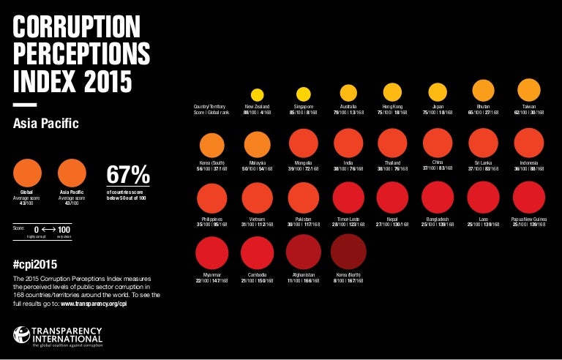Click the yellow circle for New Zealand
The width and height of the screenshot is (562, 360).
pyautogui.click(x=257, y=94)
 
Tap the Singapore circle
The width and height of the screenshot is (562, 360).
pyautogui.click(x=303, y=94)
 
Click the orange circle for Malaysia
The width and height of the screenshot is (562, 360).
pyautogui.click(x=257, y=145)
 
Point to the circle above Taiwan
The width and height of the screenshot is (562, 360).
pyautogui.click(x=529, y=90)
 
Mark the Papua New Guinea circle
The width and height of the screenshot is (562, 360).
pyautogui.click(x=529, y=198)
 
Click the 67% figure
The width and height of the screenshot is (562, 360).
pyautogui.click(x=128, y=175)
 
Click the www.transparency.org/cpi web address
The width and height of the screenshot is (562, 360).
pyautogui.click(x=99, y=302)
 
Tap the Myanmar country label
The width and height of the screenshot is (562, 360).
pyautogui.click(x=211, y=275)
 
